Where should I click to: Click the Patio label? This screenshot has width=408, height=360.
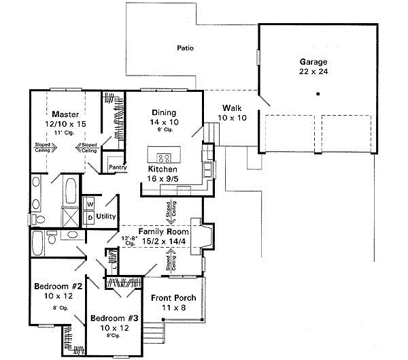[x=185, y=48]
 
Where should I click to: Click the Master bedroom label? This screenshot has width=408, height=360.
[x=66, y=114]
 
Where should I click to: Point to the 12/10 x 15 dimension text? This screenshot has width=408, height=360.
[x=65, y=124]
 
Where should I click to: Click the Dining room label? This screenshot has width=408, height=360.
[x=164, y=113]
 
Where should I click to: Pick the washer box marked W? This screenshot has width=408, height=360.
[x=89, y=203]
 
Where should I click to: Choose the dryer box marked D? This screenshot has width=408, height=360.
[x=89, y=216]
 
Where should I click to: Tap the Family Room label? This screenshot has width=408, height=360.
[x=163, y=232]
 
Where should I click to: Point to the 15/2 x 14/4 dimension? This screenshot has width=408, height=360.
[x=163, y=241]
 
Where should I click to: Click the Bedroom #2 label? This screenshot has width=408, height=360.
[x=56, y=287]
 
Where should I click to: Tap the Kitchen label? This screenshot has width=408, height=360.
[x=163, y=169]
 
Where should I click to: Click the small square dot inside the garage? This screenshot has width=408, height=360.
[x=317, y=93]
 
